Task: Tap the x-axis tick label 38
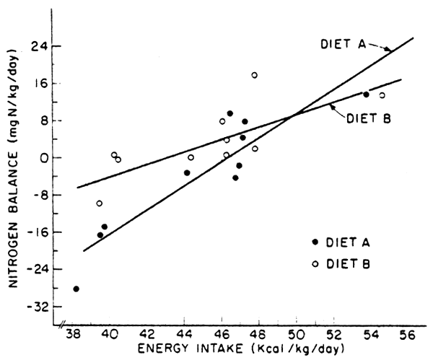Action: (x=73, y=335)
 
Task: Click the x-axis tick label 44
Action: (x=184, y=335)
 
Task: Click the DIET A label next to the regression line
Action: (x=341, y=45)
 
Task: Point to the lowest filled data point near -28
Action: (x=76, y=289)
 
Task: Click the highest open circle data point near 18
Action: (x=255, y=75)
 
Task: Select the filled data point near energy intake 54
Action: (x=366, y=95)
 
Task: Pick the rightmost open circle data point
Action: (x=382, y=95)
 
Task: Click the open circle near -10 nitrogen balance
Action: (x=100, y=203)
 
